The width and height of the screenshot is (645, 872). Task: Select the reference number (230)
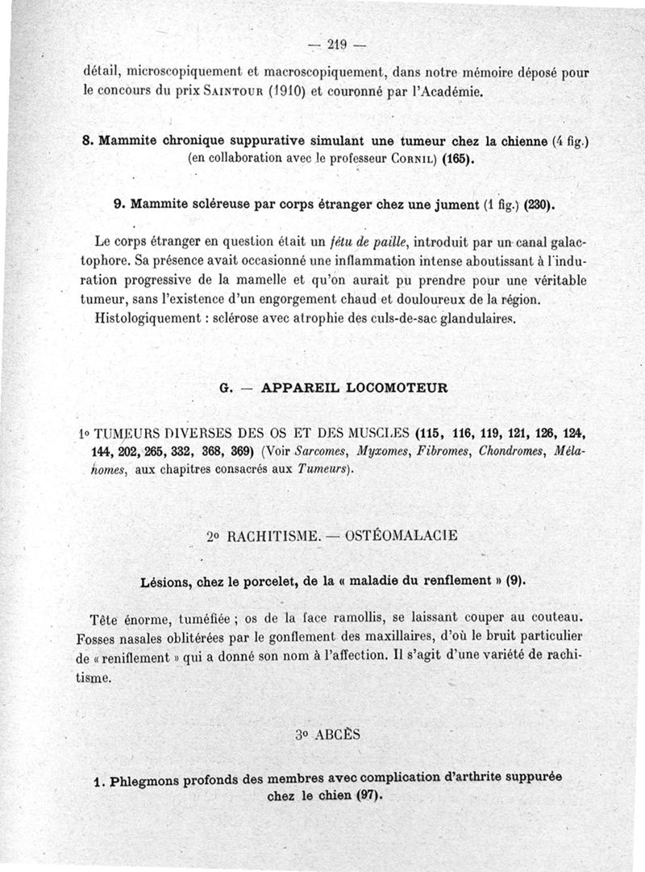(538, 206)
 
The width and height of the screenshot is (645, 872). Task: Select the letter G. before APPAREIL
(227, 388)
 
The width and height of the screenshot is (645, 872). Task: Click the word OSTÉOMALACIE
(391, 535)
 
